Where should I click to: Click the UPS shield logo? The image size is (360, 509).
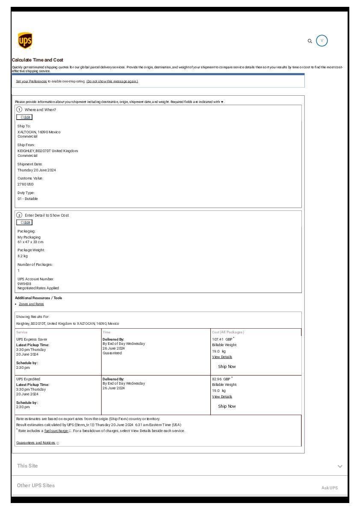pos(25,41)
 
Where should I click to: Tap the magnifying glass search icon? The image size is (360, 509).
pos(310,41)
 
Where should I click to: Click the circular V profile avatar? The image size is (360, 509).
pos(322,41)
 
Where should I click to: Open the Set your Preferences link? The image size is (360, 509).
pos(31,81)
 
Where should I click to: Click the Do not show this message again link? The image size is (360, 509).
pos(112,81)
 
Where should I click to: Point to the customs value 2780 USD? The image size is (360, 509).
pos(25,184)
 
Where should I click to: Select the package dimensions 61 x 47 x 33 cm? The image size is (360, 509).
pos(30,242)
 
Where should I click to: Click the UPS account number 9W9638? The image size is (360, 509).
pos(24,283)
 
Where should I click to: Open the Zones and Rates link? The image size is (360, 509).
pos(31,304)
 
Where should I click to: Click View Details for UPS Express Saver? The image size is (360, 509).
pos(222,357)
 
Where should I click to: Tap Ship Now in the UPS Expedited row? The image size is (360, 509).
pos(227,406)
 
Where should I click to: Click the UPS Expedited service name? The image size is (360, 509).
pos(28,379)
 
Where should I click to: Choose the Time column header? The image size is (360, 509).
pos(106,332)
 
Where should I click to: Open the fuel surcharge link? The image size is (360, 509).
pos(56,431)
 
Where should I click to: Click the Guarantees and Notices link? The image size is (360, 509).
pos(36,443)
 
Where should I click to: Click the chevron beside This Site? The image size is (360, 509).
pos(340,466)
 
